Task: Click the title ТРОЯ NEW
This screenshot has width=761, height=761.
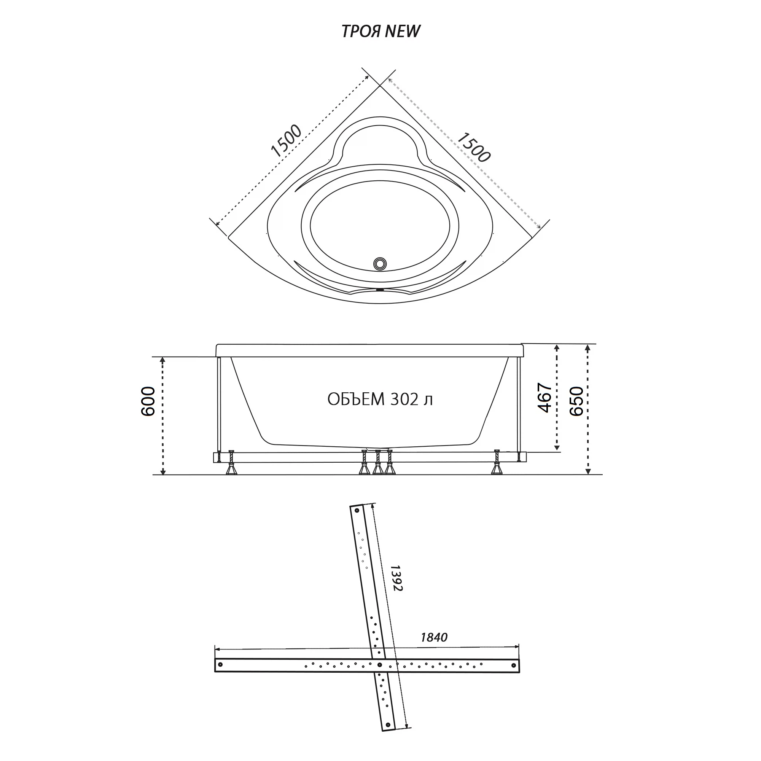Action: (x=380, y=31)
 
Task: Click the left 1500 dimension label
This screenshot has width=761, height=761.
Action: (x=287, y=141)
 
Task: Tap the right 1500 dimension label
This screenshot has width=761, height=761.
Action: (x=473, y=147)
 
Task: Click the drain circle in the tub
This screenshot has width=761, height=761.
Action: (x=380, y=264)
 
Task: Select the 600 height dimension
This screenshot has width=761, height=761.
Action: (x=148, y=402)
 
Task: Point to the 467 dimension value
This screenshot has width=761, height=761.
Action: (x=545, y=398)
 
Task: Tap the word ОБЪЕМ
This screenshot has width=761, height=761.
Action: (x=356, y=400)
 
